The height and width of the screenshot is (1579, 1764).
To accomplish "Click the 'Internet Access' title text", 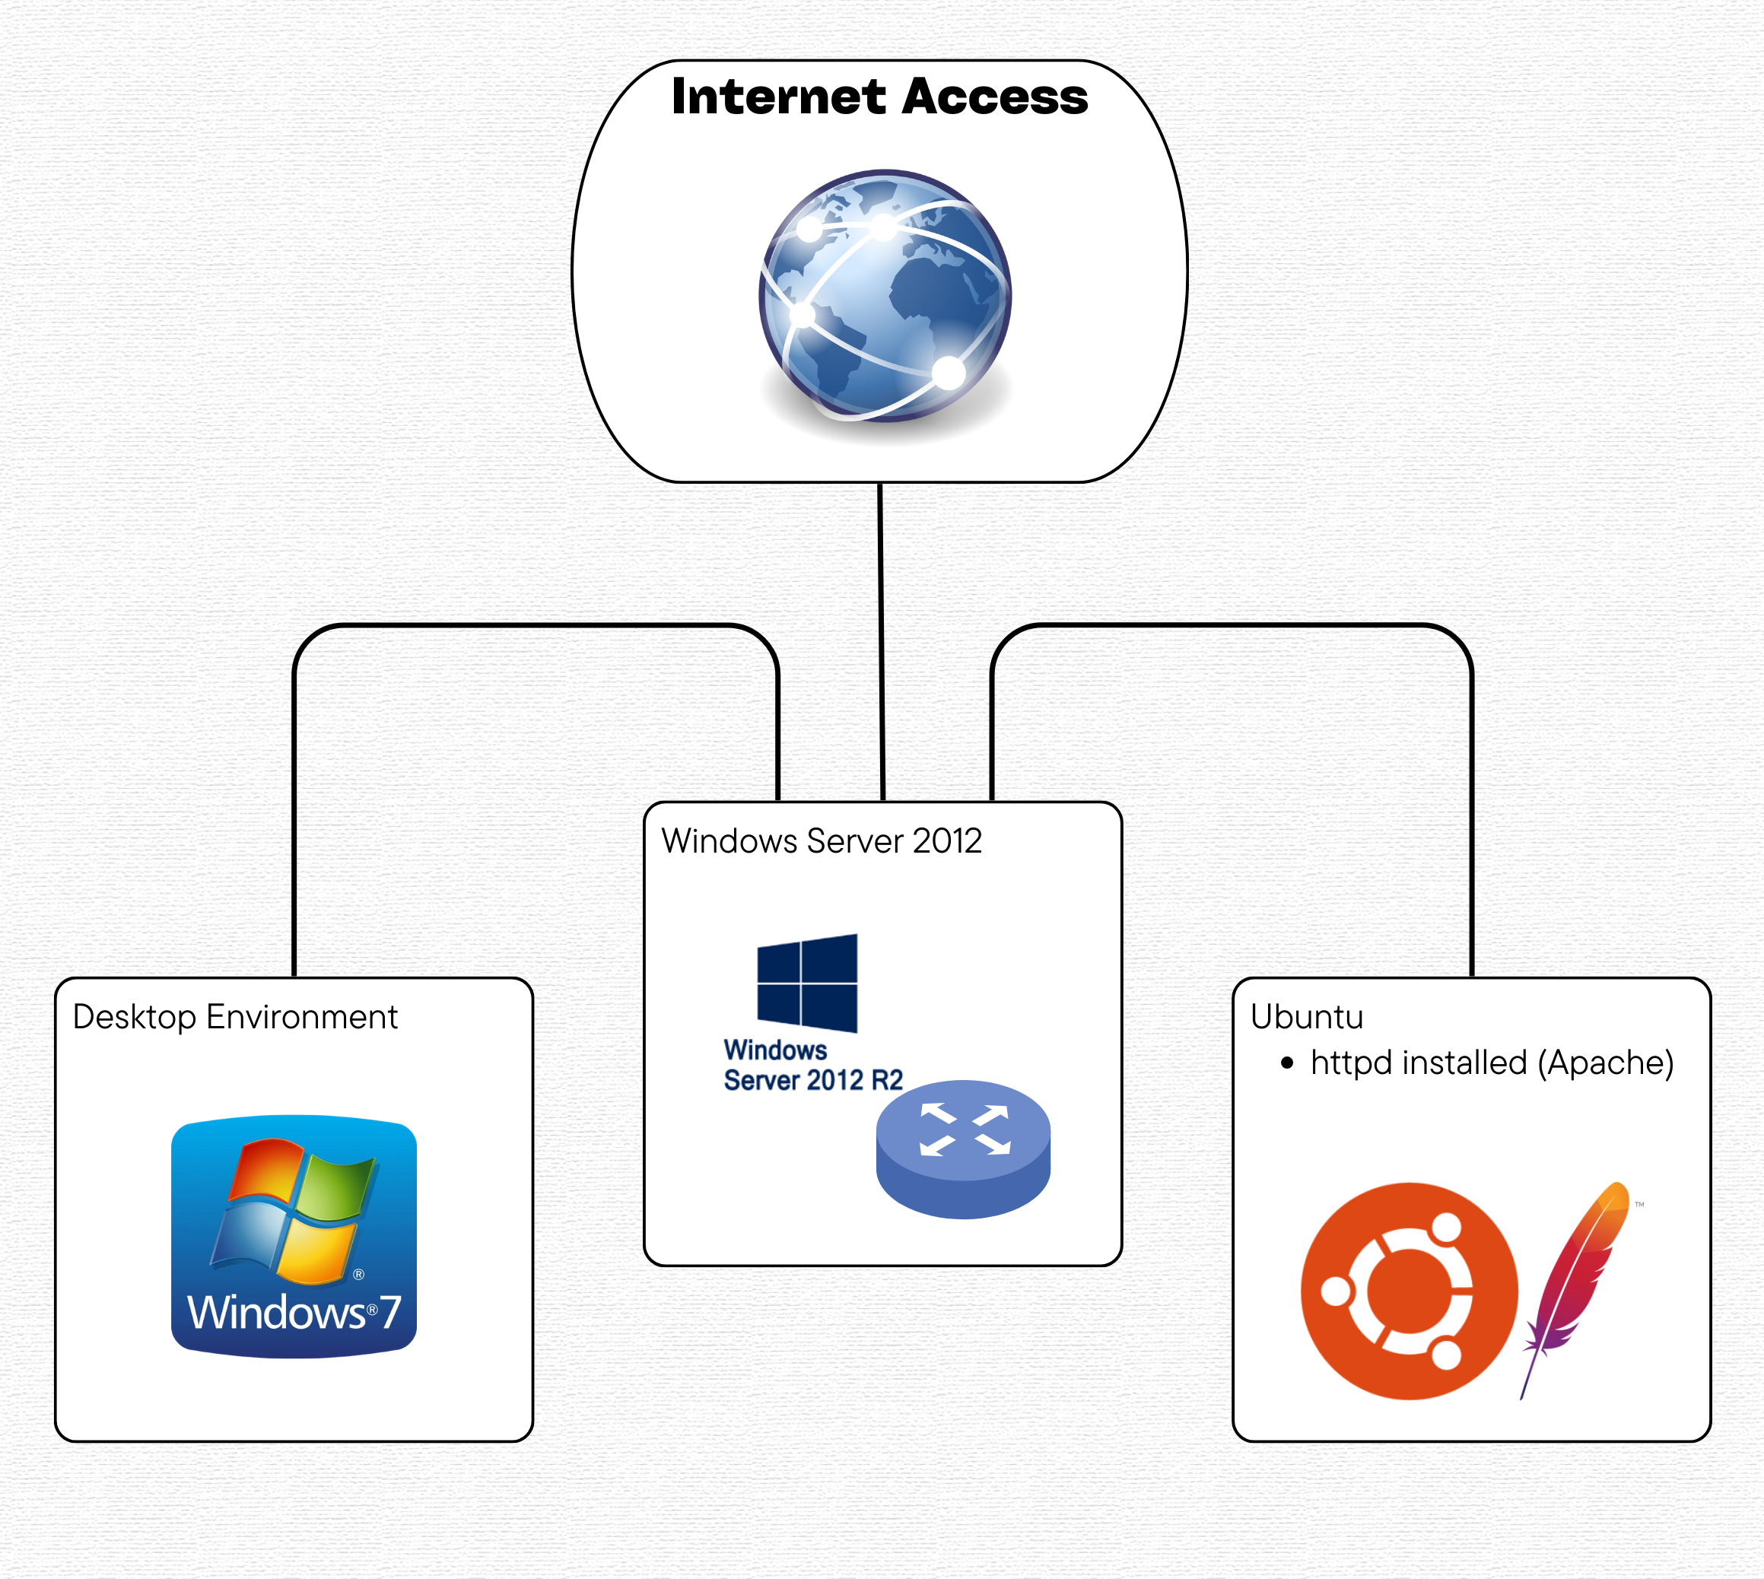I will (x=879, y=97).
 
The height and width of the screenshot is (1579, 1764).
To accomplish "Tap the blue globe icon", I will (x=884, y=295).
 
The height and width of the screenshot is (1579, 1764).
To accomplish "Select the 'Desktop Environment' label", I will (x=235, y=1017).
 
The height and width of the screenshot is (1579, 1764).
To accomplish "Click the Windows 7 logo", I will (x=294, y=1235).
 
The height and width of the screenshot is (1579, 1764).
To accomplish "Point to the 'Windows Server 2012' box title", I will (x=821, y=840).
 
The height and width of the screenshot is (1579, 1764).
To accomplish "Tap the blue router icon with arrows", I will (x=963, y=1148).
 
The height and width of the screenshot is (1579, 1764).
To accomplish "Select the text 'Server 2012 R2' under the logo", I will (x=813, y=1080).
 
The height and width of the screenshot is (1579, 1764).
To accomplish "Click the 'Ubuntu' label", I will (x=1307, y=1017).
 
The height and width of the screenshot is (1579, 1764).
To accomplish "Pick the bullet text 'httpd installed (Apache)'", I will (x=1492, y=1063).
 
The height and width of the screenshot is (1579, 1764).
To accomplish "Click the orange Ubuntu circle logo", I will (x=1409, y=1291).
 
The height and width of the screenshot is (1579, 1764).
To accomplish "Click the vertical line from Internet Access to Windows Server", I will (x=882, y=642).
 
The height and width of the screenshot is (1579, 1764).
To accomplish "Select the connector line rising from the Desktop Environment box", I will (x=295, y=824).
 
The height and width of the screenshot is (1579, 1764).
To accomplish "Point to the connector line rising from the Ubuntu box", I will (x=1472, y=824).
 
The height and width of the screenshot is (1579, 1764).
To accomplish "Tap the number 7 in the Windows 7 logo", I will (x=390, y=1311).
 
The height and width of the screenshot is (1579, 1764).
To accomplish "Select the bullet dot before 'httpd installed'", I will (x=1287, y=1063).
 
